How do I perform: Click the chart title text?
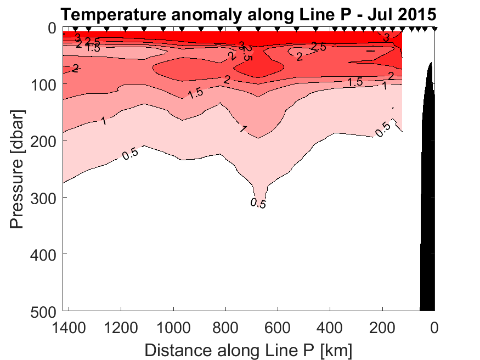tap(249, 13)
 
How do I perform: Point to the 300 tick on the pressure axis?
tap(43, 197)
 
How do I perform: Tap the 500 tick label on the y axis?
tap(43, 311)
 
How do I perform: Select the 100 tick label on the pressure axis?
tap(43, 84)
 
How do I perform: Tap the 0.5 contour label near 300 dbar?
tap(258, 203)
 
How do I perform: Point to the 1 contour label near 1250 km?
tap(104, 120)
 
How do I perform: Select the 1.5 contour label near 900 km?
tap(195, 93)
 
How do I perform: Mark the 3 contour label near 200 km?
tap(386, 38)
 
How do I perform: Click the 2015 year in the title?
tap(415, 13)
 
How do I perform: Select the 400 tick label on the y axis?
tap(43, 254)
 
